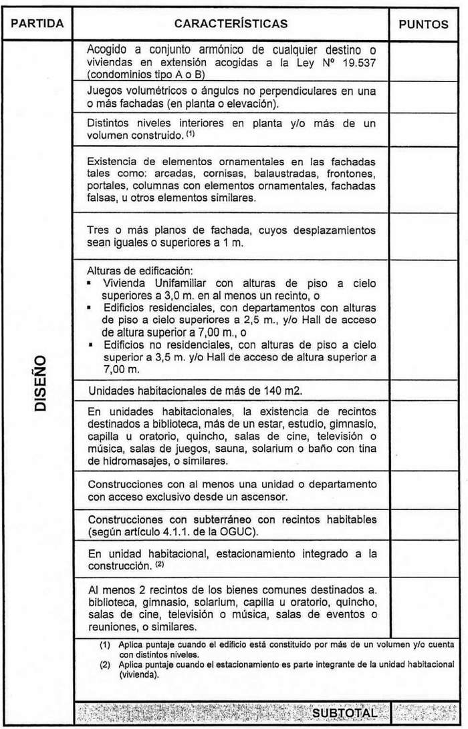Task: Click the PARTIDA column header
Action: point(37,24)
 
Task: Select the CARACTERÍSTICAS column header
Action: point(231,24)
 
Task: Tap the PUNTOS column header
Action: point(424,25)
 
